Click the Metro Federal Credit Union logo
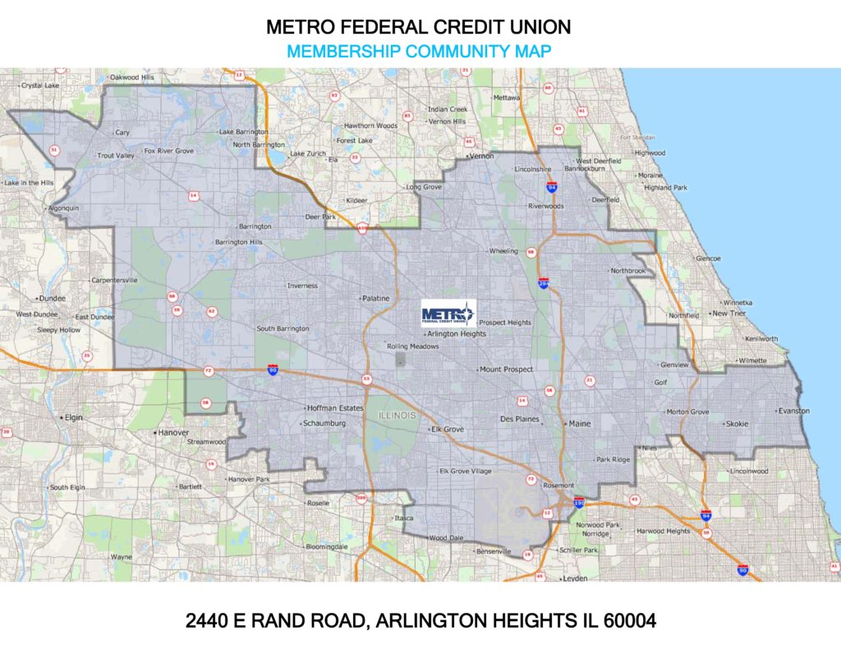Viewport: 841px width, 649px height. tap(448, 313)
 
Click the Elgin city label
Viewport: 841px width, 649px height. tap(74, 417)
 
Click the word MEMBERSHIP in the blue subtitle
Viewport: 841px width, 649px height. tap(340, 51)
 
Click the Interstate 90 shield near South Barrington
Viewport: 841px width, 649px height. tap(273, 371)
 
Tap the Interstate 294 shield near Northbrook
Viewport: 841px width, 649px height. tap(544, 283)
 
